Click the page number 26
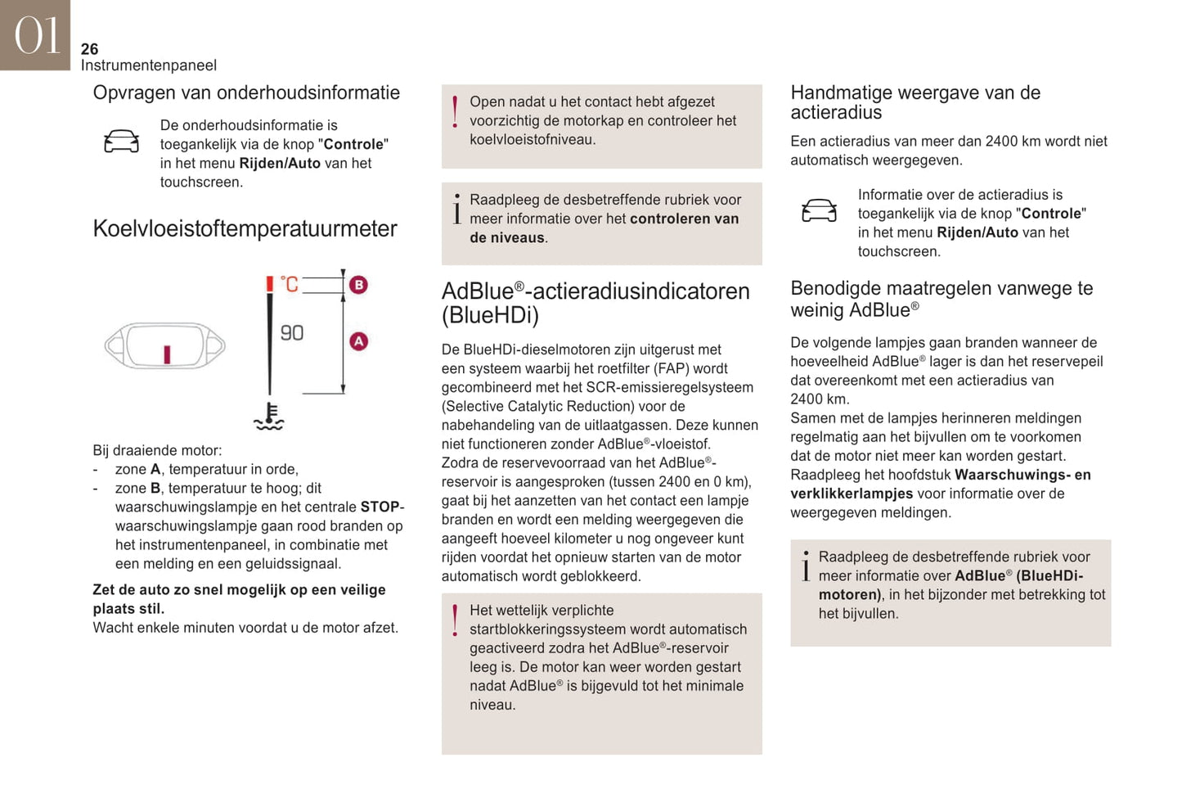(89, 49)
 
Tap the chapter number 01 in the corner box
(36, 35)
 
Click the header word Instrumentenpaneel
(148, 65)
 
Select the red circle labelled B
(358, 285)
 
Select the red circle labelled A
(358, 341)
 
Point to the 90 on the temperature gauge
(292, 333)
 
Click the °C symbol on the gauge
(290, 284)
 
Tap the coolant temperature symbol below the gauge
(268, 417)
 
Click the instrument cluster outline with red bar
(165, 346)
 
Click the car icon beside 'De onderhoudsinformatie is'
(121, 142)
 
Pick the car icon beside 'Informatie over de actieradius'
(819, 211)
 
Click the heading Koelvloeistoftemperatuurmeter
(245, 228)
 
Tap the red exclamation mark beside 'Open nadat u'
(455, 112)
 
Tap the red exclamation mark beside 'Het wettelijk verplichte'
(455, 621)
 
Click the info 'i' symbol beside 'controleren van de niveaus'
(456, 210)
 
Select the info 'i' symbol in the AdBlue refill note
(806, 566)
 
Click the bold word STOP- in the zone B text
(382, 507)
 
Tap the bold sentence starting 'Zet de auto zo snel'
(239, 598)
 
